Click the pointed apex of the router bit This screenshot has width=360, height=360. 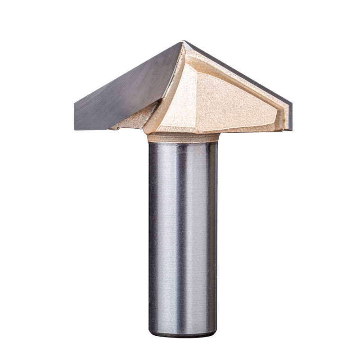(x=184, y=41)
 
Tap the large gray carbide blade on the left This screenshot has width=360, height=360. (x=126, y=88)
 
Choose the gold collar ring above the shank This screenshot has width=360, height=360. (x=183, y=137)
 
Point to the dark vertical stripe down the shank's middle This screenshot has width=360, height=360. (x=182, y=234)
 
